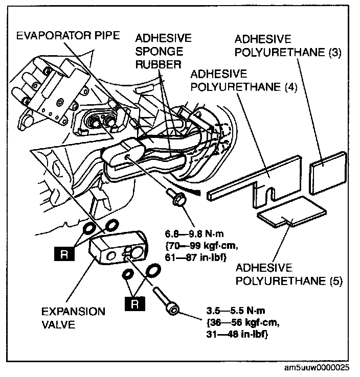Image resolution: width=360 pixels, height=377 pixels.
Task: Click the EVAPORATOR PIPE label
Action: tap(69, 36)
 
